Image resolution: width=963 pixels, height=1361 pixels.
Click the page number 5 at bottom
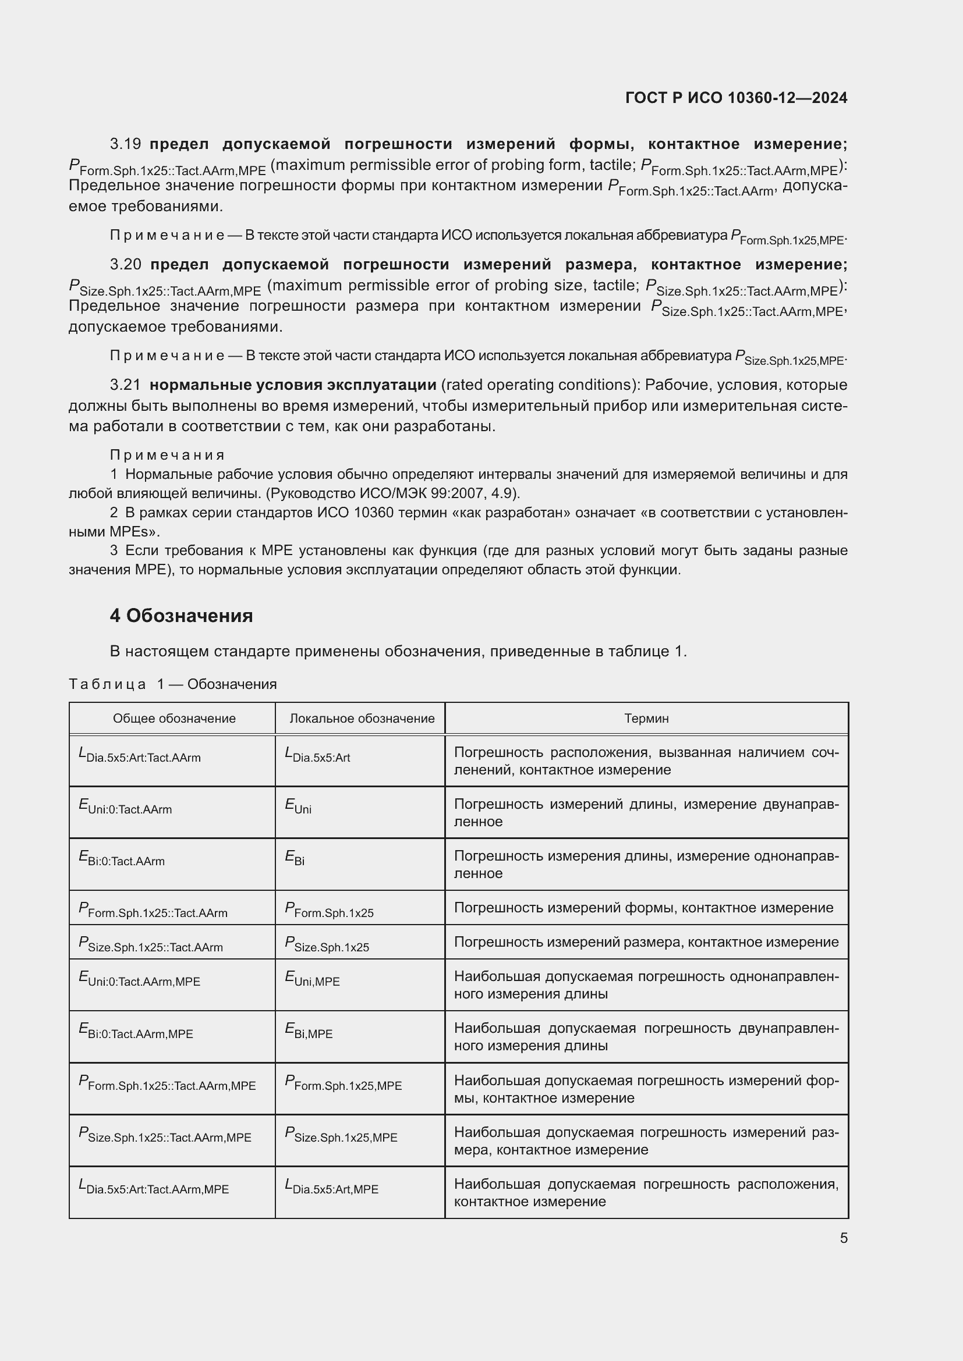tap(843, 1238)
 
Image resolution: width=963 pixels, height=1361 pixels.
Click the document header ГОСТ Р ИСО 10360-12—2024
tap(736, 98)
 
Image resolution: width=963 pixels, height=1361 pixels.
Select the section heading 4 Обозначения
tap(181, 616)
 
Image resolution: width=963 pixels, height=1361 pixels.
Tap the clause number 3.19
tap(125, 144)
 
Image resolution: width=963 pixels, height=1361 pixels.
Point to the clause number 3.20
tap(125, 264)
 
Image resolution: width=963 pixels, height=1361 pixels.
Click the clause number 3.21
tap(125, 385)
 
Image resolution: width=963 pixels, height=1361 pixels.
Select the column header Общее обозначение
tap(174, 719)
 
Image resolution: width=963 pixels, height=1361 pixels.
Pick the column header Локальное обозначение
tap(362, 719)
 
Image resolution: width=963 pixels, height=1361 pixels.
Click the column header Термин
tap(646, 719)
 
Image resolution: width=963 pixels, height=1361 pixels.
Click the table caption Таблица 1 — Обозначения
tap(172, 684)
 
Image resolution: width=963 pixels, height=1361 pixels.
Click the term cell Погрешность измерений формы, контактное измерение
tap(643, 908)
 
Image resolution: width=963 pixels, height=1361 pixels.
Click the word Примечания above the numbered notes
tap(167, 454)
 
